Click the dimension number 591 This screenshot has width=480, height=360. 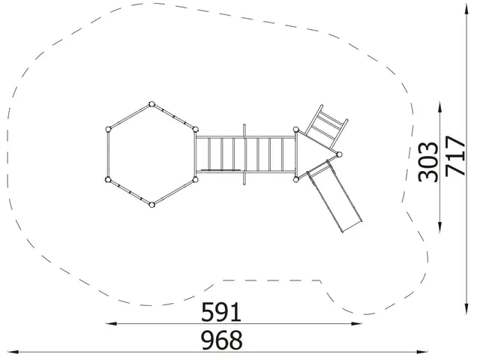[221, 312]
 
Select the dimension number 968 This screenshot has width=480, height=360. [222, 340]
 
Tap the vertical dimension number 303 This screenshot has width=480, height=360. [428, 162]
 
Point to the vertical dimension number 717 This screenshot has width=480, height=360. [455, 156]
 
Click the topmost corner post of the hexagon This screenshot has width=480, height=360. [151, 104]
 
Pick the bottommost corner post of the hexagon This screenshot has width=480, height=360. [151, 205]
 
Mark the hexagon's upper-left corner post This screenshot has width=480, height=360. [108, 130]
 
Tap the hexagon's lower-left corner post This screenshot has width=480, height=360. [108, 179]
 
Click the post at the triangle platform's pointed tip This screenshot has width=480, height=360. [339, 154]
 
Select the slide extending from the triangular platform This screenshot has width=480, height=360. [334, 196]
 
